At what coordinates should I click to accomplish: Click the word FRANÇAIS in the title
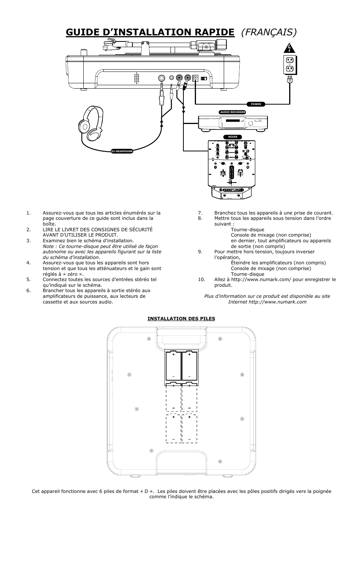(269, 32)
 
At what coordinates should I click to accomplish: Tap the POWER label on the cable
(256, 104)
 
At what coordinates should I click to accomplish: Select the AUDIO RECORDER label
(232, 112)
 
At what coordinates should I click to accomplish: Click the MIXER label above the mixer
(232, 137)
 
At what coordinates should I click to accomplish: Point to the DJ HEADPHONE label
(122, 151)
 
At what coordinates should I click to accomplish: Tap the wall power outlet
(290, 64)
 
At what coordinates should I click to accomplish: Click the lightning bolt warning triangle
(290, 49)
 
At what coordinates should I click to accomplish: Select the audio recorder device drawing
(232, 123)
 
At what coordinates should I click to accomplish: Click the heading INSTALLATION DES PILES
(181, 318)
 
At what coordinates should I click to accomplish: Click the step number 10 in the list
(201, 280)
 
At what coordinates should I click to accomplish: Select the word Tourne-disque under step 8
(247, 229)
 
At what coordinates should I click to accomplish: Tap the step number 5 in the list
(29, 280)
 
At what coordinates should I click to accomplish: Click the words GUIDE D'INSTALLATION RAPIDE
(150, 32)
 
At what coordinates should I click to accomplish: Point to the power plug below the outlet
(290, 80)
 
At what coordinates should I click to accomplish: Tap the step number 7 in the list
(200, 213)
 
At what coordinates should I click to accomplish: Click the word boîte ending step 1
(49, 224)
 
